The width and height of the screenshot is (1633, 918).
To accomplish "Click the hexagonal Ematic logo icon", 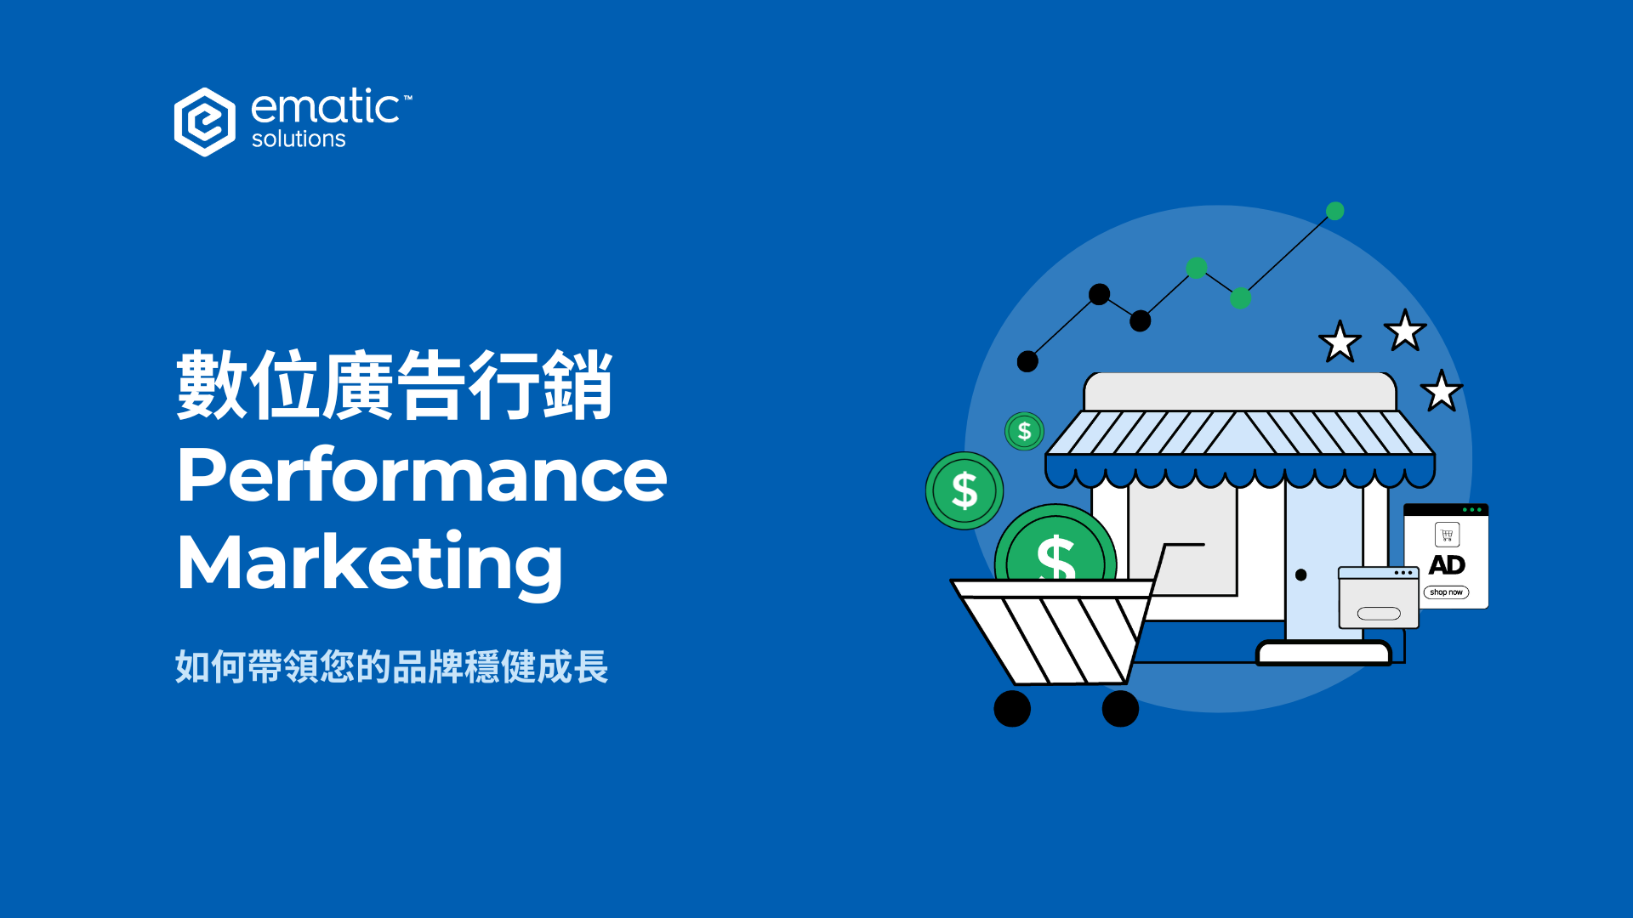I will click(x=204, y=122).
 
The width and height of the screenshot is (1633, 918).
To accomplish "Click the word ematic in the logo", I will click(x=325, y=108).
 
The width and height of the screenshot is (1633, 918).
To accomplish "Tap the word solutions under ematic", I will click(x=299, y=139).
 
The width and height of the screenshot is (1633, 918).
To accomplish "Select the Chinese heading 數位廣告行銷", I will click(x=394, y=385).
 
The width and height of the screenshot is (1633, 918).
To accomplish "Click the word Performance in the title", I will click(x=422, y=475).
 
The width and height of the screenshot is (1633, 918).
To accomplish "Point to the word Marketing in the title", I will click(x=369, y=563).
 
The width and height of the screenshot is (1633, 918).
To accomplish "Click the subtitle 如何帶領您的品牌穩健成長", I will click(x=391, y=667).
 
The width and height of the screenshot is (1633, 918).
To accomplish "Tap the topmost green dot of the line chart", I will click(x=1335, y=211).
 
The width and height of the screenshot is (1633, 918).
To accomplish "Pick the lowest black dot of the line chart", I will click(x=1027, y=361).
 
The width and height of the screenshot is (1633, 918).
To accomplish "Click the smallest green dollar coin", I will click(x=1024, y=432).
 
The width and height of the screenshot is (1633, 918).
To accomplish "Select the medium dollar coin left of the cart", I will click(x=964, y=490).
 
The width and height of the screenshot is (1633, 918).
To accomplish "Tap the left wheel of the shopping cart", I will click(x=1012, y=709).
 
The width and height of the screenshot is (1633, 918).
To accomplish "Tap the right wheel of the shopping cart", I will click(x=1120, y=709).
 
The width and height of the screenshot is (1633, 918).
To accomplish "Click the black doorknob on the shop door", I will click(x=1300, y=575).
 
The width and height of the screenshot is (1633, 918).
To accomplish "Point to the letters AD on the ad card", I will click(x=1447, y=565).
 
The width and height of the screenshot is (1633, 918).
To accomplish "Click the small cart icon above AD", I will click(x=1447, y=535).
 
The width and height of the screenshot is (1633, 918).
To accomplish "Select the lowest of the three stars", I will click(x=1442, y=392).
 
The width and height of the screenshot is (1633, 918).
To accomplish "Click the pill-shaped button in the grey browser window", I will click(x=1379, y=614).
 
